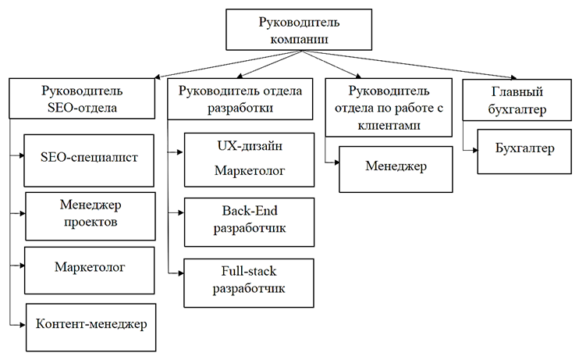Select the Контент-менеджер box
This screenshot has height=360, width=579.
[91, 324]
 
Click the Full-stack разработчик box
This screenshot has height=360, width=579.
[249, 280]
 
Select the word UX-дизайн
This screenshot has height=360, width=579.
[249, 145]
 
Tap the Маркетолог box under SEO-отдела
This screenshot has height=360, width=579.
[89, 269]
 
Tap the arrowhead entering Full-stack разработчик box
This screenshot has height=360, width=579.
[180, 271]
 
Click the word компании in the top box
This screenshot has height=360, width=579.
[289, 38]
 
